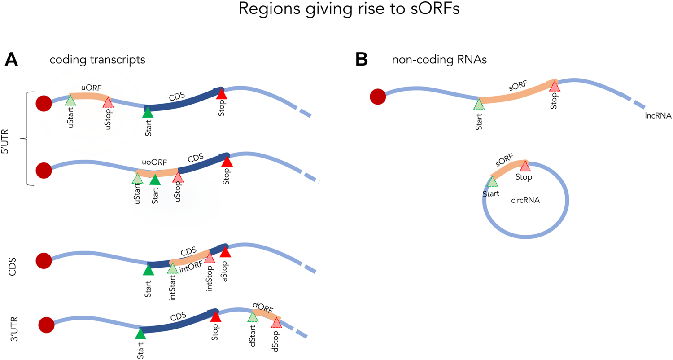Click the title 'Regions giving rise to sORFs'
[336, 10]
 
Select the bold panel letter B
[362, 60]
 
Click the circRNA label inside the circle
[525, 201]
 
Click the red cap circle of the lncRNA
[378, 96]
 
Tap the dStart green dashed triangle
[253, 316]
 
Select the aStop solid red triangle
[225, 253]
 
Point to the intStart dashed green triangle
[173, 268]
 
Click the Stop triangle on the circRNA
[525, 166]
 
